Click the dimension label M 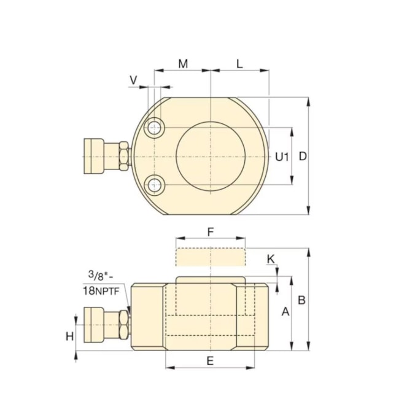pyautogui.click(x=183, y=63)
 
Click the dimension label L pyautogui.click(x=239, y=63)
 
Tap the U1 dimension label pyautogui.click(x=281, y=157)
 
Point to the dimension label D pyautogui.click(x=302, y=157)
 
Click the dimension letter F pyautogui.click(x=211, y=232)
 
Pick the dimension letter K pyautogui.click(x=271, y=259)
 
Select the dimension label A pyautogui.click(x=285, y=312)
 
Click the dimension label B pyautogui.click(x=301, y=300)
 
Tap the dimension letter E pyautogui.click(x=210, y=361)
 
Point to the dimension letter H pyautogui.click(x=70, y=336)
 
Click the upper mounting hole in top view pyautogui.click(x=153, y=128)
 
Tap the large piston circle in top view pyautogui.click(x=211, y=156)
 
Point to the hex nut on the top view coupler pyautogui.click(x=124, y=156)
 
